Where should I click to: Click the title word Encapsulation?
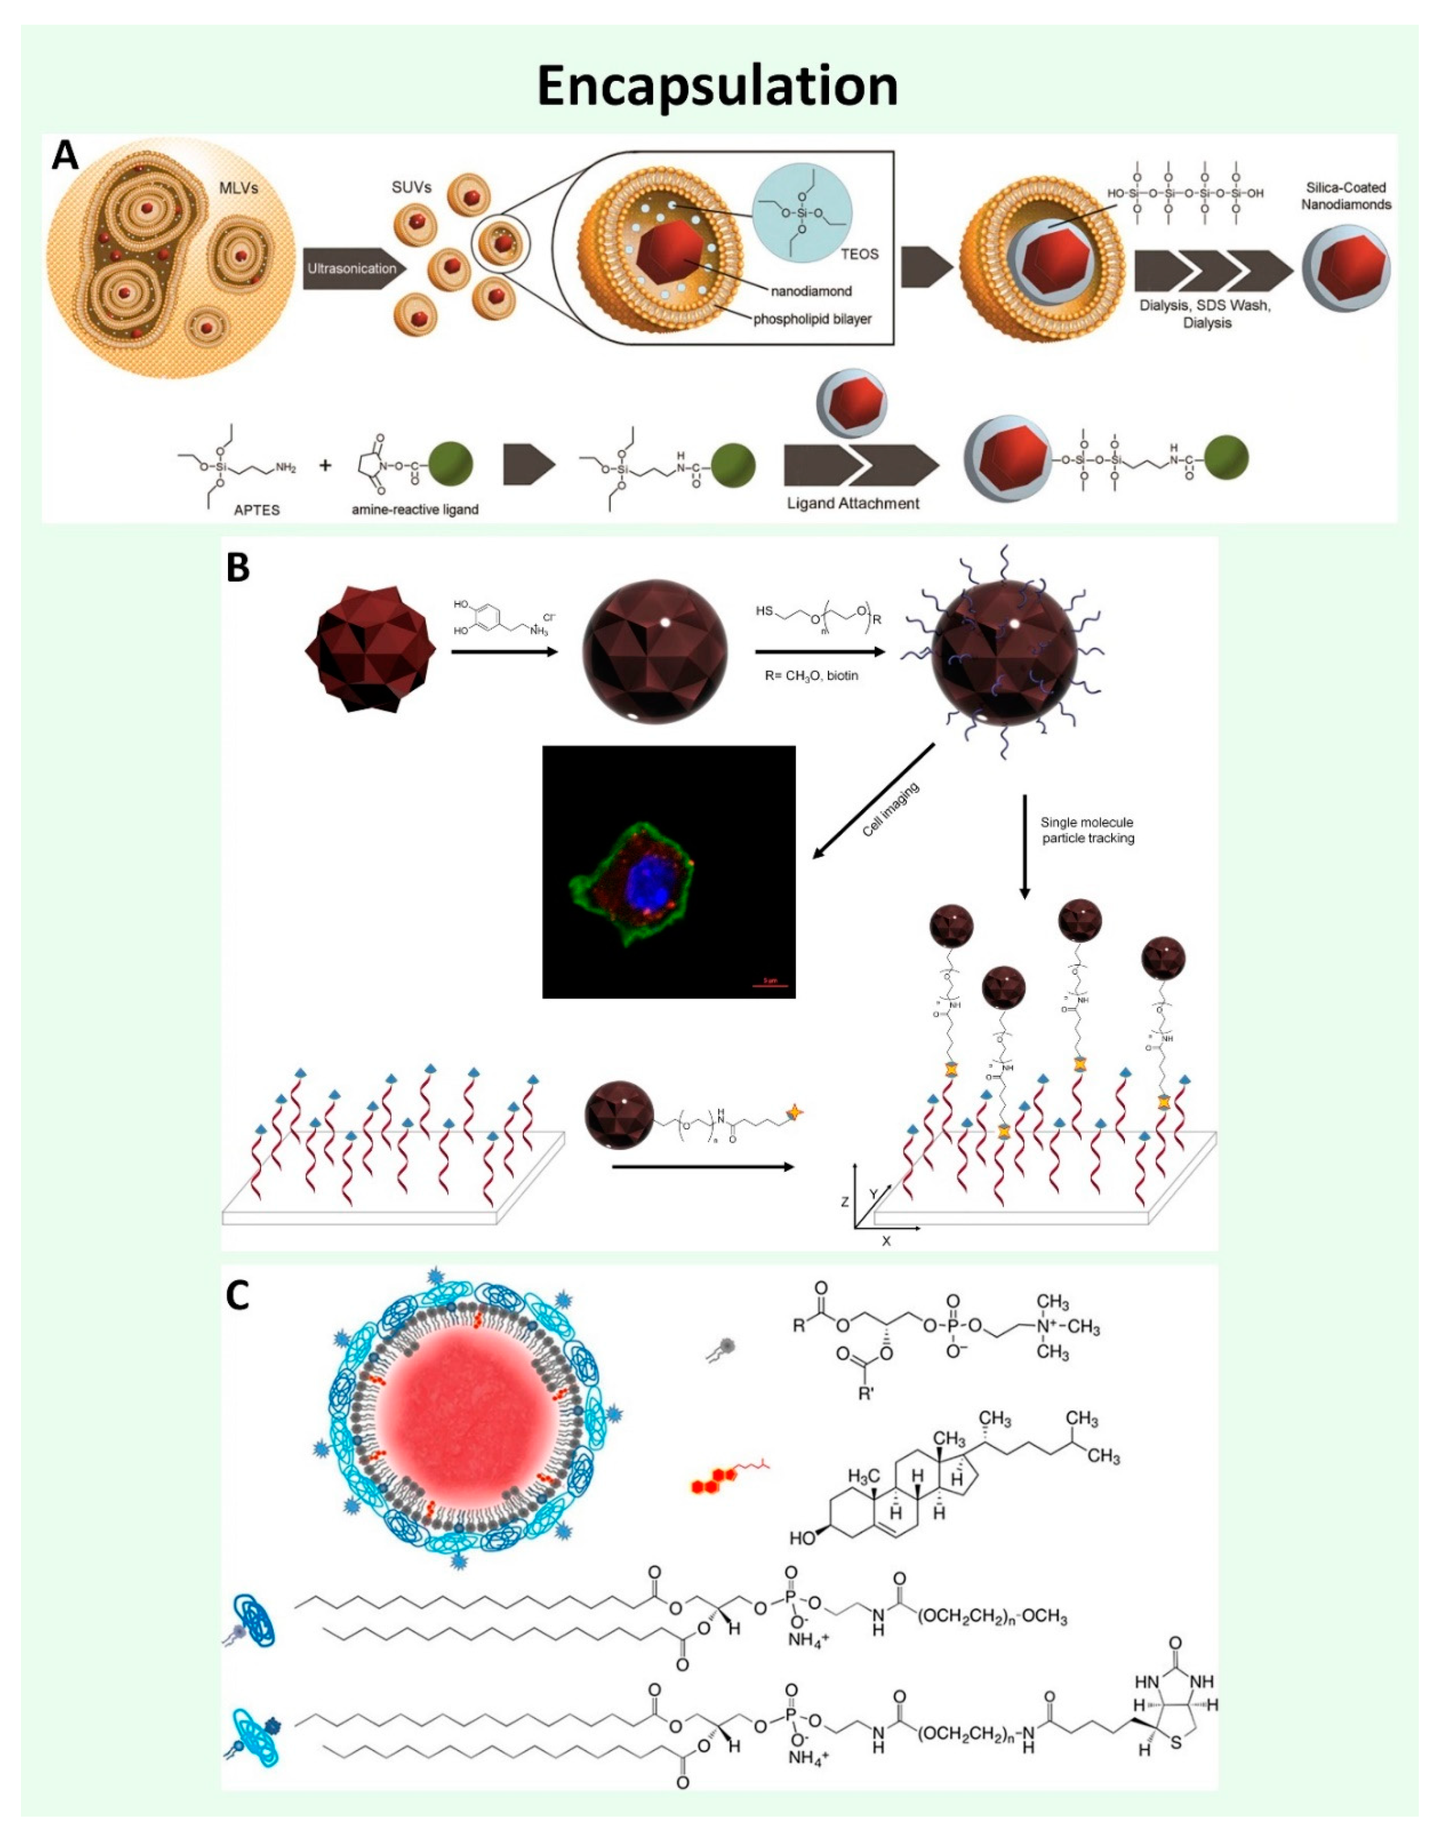pyautogui.click(x=717, y=86)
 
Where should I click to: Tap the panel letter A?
pyautogui.click(x=65, y=156)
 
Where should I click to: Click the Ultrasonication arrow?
pyautogui.click(x=353, y=269)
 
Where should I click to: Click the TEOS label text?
pyautogui.click(x=859, y=254)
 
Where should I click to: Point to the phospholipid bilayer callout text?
pyautogui.click(x=812, y=319)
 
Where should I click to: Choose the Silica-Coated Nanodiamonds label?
pyautogui.click(x=1346, y=196)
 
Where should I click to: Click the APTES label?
pyautogui.click(x=256, y=509)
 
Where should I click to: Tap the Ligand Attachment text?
pyautogui.click(x=853, y=504)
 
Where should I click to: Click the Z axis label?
pyautogui.click(x=845, y=1201)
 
